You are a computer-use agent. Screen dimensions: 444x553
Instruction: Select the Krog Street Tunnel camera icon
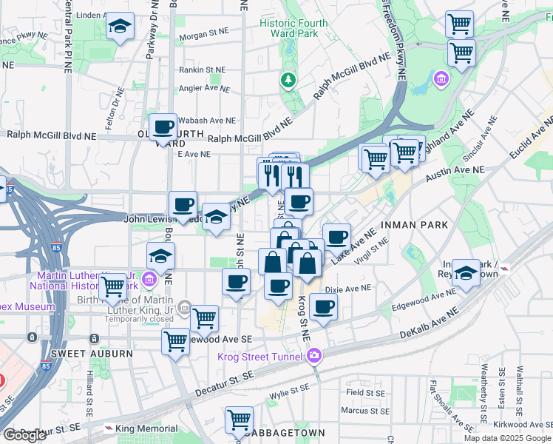pos(315,357)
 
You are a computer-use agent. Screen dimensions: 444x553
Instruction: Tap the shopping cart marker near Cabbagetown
pos(239,420)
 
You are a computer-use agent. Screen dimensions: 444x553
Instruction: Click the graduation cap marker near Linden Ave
pos(120,27)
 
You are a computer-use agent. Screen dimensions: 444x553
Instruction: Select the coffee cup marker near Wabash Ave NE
pos(163,127)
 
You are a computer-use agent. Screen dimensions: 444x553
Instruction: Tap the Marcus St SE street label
pos(364,411)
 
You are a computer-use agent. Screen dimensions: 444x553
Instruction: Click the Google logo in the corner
pos(24,435)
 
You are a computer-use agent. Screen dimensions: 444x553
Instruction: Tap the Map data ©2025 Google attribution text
pos(507,438)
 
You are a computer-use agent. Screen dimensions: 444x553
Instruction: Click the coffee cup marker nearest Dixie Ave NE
pos(323,307)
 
